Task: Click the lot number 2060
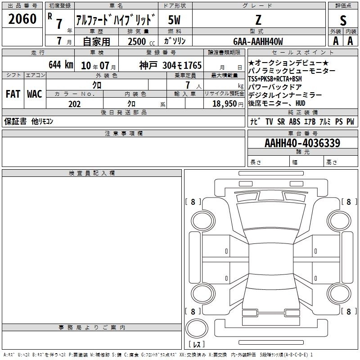point(22,19)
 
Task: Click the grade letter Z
point(258,20)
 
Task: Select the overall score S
point(343,20)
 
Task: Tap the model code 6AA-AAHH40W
point(258,41)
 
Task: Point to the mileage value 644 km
point(61,65)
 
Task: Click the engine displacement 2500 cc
point(141,41)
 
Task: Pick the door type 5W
point(174,20)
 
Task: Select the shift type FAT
point(13,94)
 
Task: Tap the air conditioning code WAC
point(35,94)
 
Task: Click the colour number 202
point(74,104)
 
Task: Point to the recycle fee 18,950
point(225,104)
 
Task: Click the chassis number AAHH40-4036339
point(302,143)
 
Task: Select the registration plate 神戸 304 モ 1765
point(171,65)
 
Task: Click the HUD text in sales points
point(300,103)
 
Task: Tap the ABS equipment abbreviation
point(295,121)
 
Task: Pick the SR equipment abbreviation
point(281,121)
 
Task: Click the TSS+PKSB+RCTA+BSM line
point(275,79)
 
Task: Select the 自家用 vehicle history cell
point(96,41)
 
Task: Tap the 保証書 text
point(15,121)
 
